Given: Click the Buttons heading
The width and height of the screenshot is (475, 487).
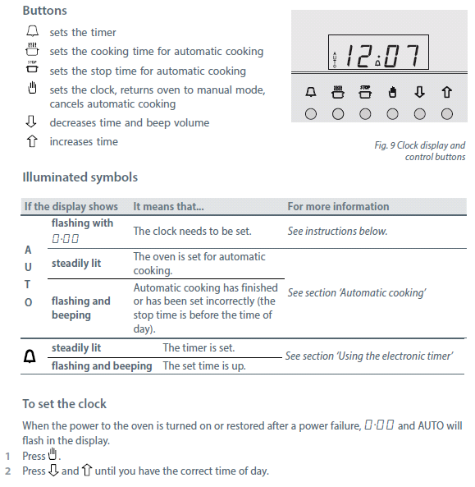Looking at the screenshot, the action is tap(44, 11).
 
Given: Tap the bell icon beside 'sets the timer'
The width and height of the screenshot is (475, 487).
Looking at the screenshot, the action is tap(32, 31).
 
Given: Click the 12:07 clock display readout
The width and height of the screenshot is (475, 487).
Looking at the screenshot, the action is tap(382, 55).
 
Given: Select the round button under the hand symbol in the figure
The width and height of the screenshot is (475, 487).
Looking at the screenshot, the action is tap(392, 114).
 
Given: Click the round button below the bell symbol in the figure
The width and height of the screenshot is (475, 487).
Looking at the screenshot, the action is tap(311, 114).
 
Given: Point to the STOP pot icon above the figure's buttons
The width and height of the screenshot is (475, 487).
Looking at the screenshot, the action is tap(365, 92).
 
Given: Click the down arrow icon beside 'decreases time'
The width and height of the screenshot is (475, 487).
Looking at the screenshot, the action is tap(31, 122).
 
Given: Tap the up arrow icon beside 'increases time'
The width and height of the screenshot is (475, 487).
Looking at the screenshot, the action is tap(32, 141).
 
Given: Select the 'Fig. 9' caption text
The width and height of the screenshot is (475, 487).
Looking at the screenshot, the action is tap(420, 151).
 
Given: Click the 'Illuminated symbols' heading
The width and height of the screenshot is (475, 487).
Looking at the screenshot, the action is tap(80, 177).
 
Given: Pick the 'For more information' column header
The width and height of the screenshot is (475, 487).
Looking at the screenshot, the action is tap(338, 206).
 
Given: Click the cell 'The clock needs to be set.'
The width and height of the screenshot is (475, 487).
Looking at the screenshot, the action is tap(192, 231).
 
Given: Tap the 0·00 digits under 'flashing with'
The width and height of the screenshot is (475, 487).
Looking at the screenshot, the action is tap(65, 238).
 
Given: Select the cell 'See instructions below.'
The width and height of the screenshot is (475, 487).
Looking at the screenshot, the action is tap(337, 231).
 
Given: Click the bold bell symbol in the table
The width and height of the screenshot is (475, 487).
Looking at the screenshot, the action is tap(30, 356).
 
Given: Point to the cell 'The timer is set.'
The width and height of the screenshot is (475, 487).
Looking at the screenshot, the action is tap(199, 347).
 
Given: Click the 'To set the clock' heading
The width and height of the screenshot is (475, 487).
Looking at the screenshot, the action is tap(65, 404).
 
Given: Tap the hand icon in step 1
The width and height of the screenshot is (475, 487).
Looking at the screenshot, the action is tap(53, 454).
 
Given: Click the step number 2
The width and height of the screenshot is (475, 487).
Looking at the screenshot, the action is tap(8, 471).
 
